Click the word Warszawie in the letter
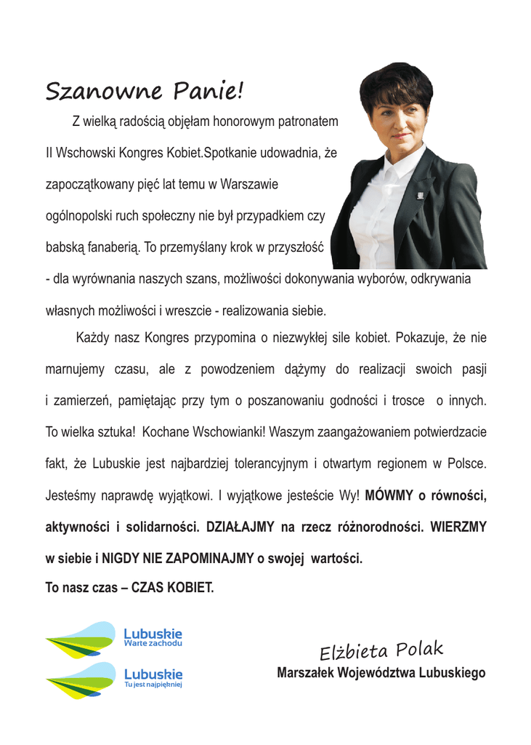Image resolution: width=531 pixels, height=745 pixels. click(243, 185)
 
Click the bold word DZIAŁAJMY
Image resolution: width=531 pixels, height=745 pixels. click(239, 526)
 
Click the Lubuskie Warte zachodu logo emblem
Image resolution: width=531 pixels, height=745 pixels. click(81, 640)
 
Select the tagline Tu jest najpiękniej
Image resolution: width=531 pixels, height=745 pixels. click(153, 685)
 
